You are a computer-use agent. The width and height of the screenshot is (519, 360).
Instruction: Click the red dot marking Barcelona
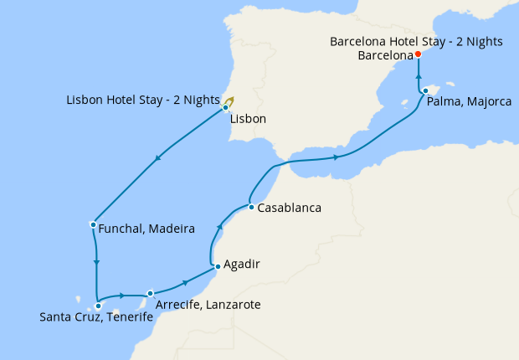(418, 55)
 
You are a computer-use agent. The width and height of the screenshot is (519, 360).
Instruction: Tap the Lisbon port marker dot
(225, 107)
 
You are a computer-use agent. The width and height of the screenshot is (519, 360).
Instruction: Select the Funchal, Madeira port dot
(92, 224)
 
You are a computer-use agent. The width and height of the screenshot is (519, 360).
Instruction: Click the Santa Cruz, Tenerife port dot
(98, 306)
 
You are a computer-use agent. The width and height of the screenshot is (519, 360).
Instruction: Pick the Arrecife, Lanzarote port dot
(151, 293)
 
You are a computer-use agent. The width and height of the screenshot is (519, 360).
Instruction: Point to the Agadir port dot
(218, 266)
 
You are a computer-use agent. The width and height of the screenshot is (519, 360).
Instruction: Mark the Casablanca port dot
(250, 207)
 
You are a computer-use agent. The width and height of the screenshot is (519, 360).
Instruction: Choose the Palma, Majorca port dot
(425, 90)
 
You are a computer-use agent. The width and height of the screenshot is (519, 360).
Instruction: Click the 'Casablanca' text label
(290, 208)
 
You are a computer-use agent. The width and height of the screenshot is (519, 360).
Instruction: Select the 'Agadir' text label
(243, 264)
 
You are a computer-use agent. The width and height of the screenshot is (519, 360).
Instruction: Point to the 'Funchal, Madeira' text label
(146, 229)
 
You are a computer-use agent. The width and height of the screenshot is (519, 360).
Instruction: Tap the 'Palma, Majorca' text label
(468, 102)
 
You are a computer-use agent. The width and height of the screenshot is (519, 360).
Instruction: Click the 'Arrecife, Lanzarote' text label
(208, 305)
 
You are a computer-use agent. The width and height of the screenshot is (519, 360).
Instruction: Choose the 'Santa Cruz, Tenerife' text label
(96, 318)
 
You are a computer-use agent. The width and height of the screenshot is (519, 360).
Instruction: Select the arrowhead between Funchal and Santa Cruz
(98, 263)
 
